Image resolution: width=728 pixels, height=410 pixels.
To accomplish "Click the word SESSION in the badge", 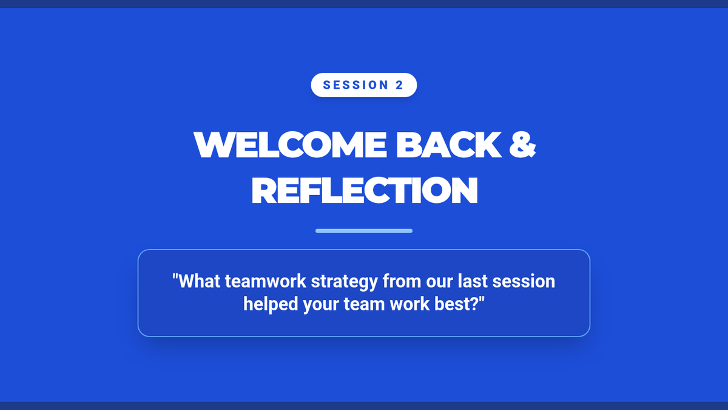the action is coord(356,85).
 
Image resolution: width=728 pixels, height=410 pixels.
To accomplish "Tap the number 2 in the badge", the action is coord(399,85).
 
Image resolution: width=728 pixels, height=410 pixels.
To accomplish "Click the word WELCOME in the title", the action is coord(290,145).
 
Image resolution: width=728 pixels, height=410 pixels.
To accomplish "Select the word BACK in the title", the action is coord(448,145).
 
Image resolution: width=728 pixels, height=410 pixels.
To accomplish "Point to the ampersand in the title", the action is coord(522,145).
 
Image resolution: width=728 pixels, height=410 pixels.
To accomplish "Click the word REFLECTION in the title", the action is coord(365,190).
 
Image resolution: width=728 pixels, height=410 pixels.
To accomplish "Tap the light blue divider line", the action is coord(364,231).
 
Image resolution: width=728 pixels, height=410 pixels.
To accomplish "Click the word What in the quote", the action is coord(199,281).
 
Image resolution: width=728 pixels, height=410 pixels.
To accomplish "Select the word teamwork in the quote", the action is coord(266,281).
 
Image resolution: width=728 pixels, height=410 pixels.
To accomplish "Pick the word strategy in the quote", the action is coord(344,282).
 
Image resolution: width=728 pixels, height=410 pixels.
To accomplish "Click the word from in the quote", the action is coord(402,281).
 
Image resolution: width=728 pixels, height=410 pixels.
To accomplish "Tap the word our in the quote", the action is coord(439,282).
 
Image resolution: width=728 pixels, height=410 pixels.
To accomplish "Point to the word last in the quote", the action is coord(473,281).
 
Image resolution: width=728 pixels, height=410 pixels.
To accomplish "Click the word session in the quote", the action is coord(524,282).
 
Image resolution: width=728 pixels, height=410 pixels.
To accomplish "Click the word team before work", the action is coord(365,304).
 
